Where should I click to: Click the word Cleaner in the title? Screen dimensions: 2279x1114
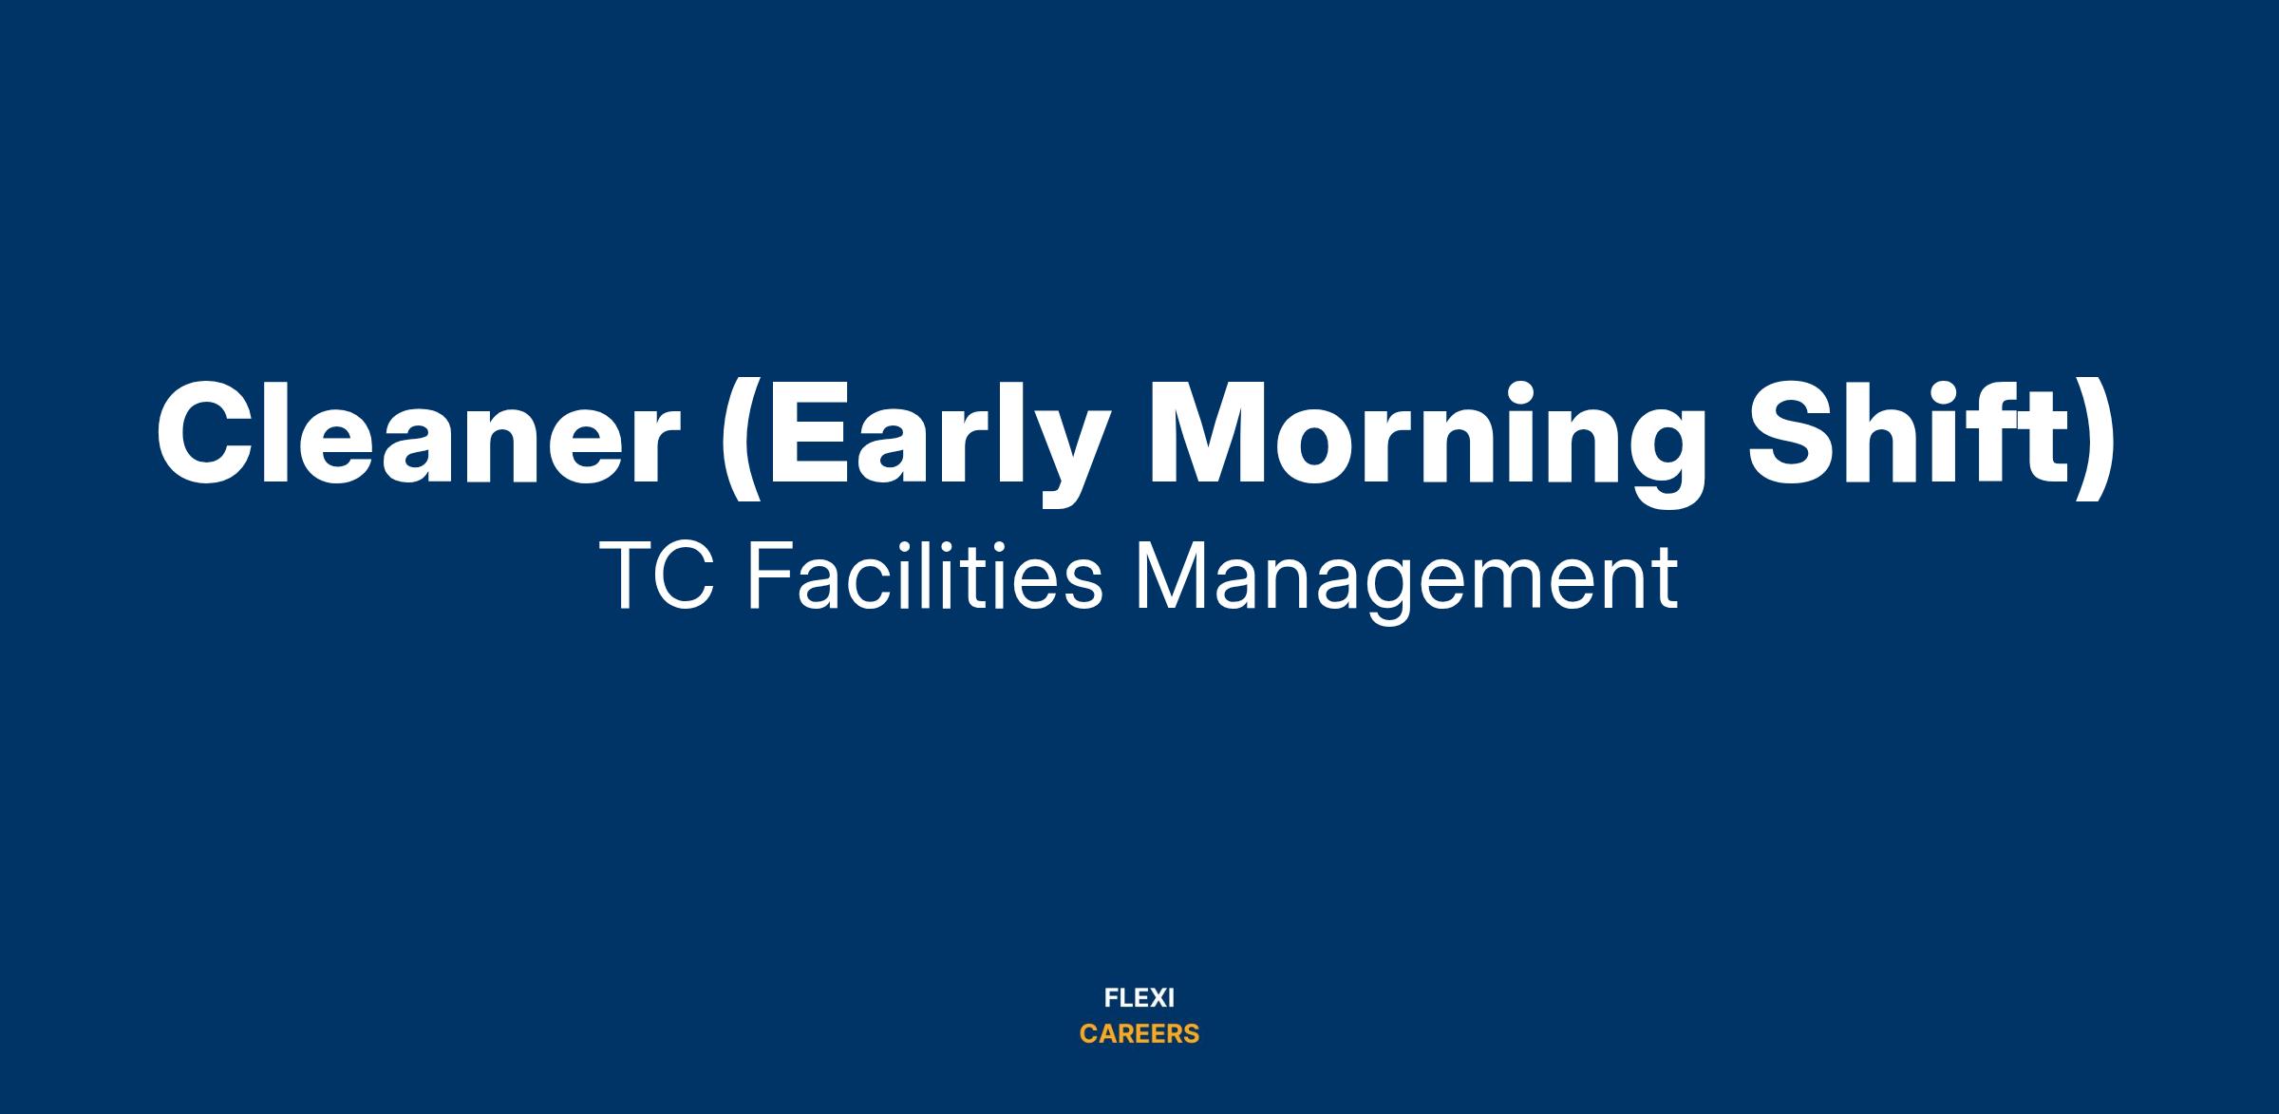(419, 433)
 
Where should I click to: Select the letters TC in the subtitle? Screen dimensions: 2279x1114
(657, 576)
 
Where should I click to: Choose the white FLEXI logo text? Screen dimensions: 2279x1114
(1139, 998)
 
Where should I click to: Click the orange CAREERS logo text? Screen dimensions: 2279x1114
(1139, 1034)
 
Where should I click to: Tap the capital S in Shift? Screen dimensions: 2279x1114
(1795, 433)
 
